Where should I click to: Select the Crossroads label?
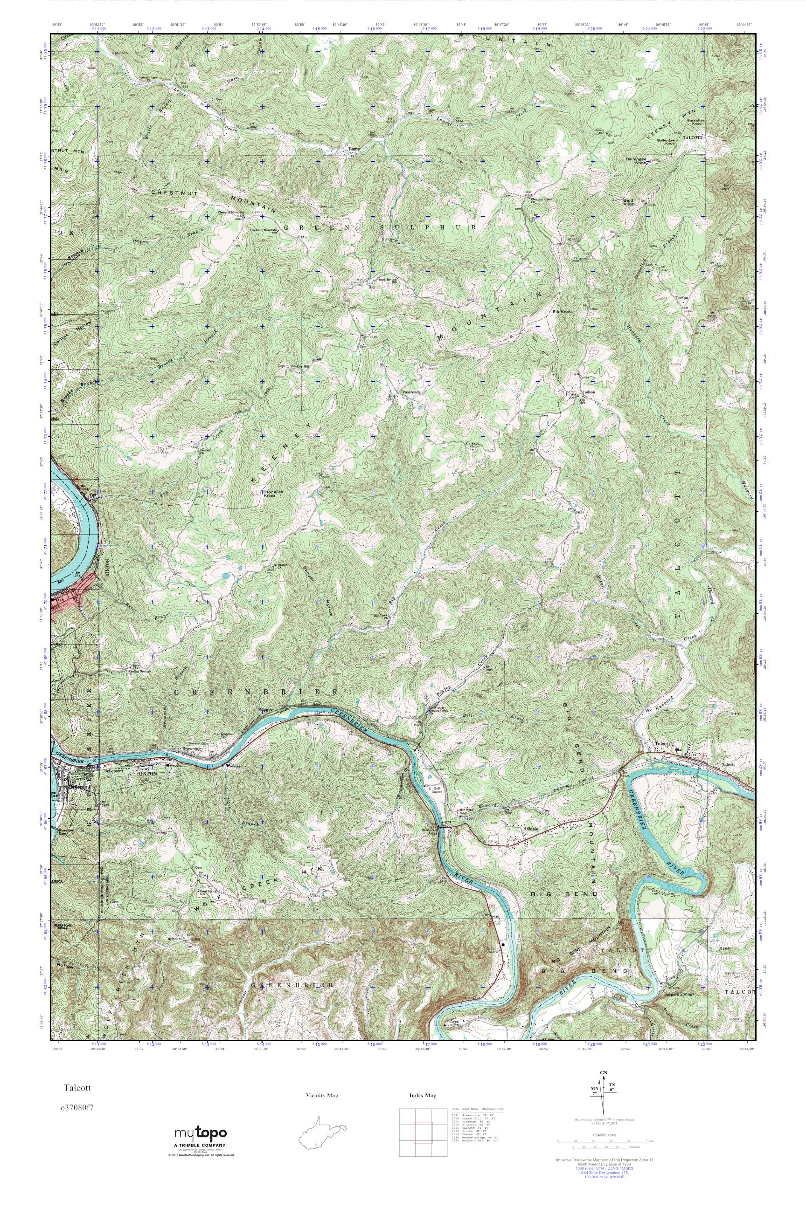(x=410, y=392)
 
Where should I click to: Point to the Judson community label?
(x=588, y=392)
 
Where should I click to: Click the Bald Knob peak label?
(x=630, y=201)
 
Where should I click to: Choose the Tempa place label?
(x=681, y=298)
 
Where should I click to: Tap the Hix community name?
(x=370, y=288)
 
